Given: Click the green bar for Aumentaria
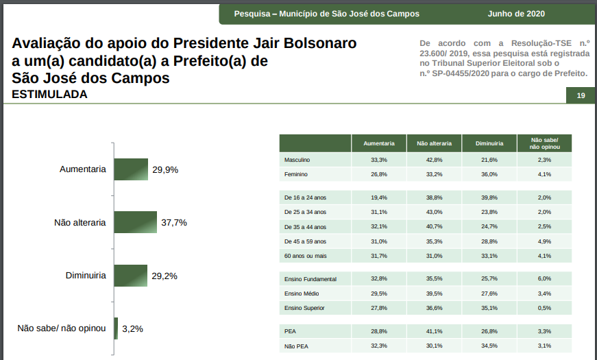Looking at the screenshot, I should point(131,169).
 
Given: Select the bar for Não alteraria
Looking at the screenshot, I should point(136,222).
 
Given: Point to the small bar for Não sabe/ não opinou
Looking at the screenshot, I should point(117,328).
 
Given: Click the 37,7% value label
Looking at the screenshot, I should point(174,223).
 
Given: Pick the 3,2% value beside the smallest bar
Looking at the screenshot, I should point(132,329).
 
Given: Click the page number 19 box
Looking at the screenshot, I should point(581,95).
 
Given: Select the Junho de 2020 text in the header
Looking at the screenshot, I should point(516,14).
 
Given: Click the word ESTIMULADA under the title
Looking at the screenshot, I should point(49,95).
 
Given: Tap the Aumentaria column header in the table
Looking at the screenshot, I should point(378,144).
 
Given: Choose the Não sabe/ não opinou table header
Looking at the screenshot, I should point(545,143).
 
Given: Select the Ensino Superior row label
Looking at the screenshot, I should point(304,308).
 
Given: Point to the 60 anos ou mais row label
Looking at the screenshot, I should point(305,256).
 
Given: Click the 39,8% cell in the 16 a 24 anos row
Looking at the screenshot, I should point(489,197).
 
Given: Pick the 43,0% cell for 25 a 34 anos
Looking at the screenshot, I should point(434,212).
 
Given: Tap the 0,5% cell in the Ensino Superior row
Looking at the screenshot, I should point(545,308).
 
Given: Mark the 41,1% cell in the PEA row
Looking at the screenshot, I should point(434,331).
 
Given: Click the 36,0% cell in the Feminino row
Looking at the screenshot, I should point(489,174).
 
